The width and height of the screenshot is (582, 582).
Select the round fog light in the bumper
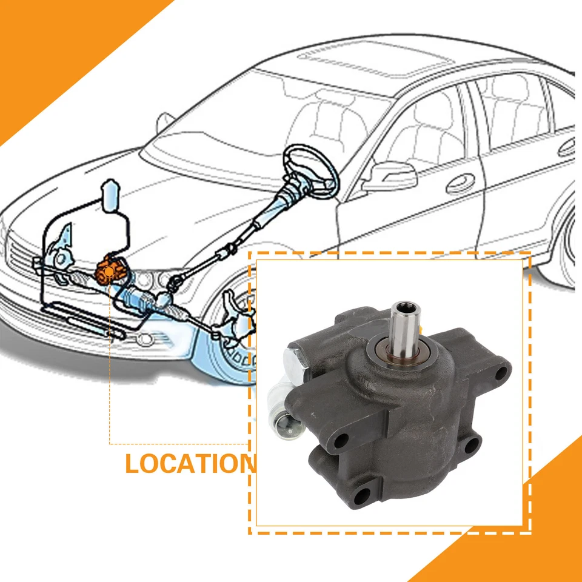[143, 339]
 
